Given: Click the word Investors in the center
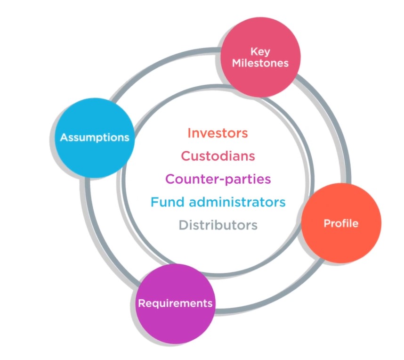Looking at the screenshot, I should click(x=218, y=133).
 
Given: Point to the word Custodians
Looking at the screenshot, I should click(x=218, y=156).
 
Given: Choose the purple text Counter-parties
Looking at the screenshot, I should click(x=218, y=179).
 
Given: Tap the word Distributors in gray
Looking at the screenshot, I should click(x=218, y=225).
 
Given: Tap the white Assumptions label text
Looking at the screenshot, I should click(x=95, y=138).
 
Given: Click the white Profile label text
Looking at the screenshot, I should click(x=340, y=223).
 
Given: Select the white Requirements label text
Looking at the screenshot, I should click(x=175, y=303).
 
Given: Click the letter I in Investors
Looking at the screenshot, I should click(x=189, y=133).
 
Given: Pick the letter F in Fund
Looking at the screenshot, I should click(x=154, y=202).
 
